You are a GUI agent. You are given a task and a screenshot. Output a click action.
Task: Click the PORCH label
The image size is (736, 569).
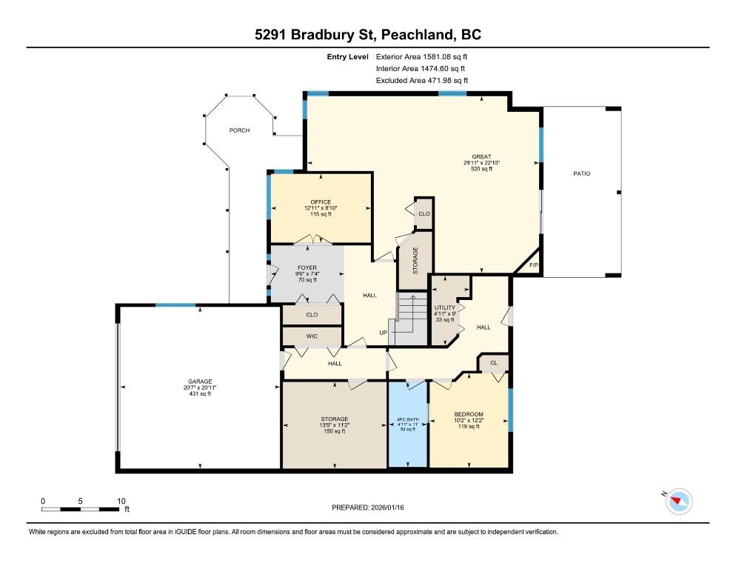click(x=239, y=130)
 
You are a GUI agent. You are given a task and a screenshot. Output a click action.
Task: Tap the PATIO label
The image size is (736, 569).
click(x=581, y=173)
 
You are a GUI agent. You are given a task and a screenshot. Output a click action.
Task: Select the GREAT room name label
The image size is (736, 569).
click(x=481, y=156)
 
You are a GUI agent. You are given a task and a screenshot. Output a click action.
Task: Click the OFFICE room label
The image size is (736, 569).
click(x=321, y=202)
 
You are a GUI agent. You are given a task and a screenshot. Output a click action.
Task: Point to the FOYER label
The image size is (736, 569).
click(x=307, y=267)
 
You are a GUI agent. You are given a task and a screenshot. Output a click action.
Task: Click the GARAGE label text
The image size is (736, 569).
click(x=200, y=382)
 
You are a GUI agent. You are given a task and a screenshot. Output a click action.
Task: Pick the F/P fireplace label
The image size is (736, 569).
click(x=534, y=265)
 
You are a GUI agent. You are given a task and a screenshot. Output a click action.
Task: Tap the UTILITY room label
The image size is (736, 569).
click(x=444, y=307)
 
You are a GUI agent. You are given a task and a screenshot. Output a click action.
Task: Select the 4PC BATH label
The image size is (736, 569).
click(x=407, y=419)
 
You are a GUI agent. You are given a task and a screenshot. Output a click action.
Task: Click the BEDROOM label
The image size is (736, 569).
click(x=469, y=414)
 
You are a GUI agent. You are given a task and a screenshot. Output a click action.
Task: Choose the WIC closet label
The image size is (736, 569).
click(x=312, y=336)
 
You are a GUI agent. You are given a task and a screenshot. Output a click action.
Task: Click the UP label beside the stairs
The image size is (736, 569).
click(x=383, y=333)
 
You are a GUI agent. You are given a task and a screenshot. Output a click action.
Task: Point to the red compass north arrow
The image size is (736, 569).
click(x=676, y=500)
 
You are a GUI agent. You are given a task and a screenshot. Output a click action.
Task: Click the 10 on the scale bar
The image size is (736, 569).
click(x=121, y=502)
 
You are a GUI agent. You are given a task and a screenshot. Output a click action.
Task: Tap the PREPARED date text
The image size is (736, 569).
click(x=367, y=508)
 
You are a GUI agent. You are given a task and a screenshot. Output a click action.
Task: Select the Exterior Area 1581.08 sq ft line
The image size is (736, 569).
click(x=421, y=57)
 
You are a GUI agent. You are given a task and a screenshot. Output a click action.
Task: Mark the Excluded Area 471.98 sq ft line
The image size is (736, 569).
click(x=422, y=80)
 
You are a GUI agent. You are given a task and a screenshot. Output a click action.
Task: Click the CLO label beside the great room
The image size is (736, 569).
click(x=424, y=214)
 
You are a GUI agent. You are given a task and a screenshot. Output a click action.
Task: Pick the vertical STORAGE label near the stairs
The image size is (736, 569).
click(x=415, y=261)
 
